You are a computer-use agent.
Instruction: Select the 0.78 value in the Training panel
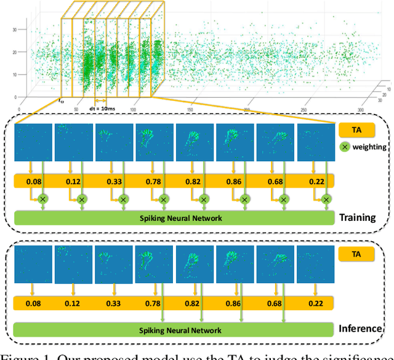153,181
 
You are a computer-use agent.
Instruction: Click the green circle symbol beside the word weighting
345,148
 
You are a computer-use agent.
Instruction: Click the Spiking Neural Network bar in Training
174,218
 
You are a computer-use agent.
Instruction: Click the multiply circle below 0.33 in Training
123,199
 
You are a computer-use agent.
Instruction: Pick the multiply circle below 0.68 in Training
284,199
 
